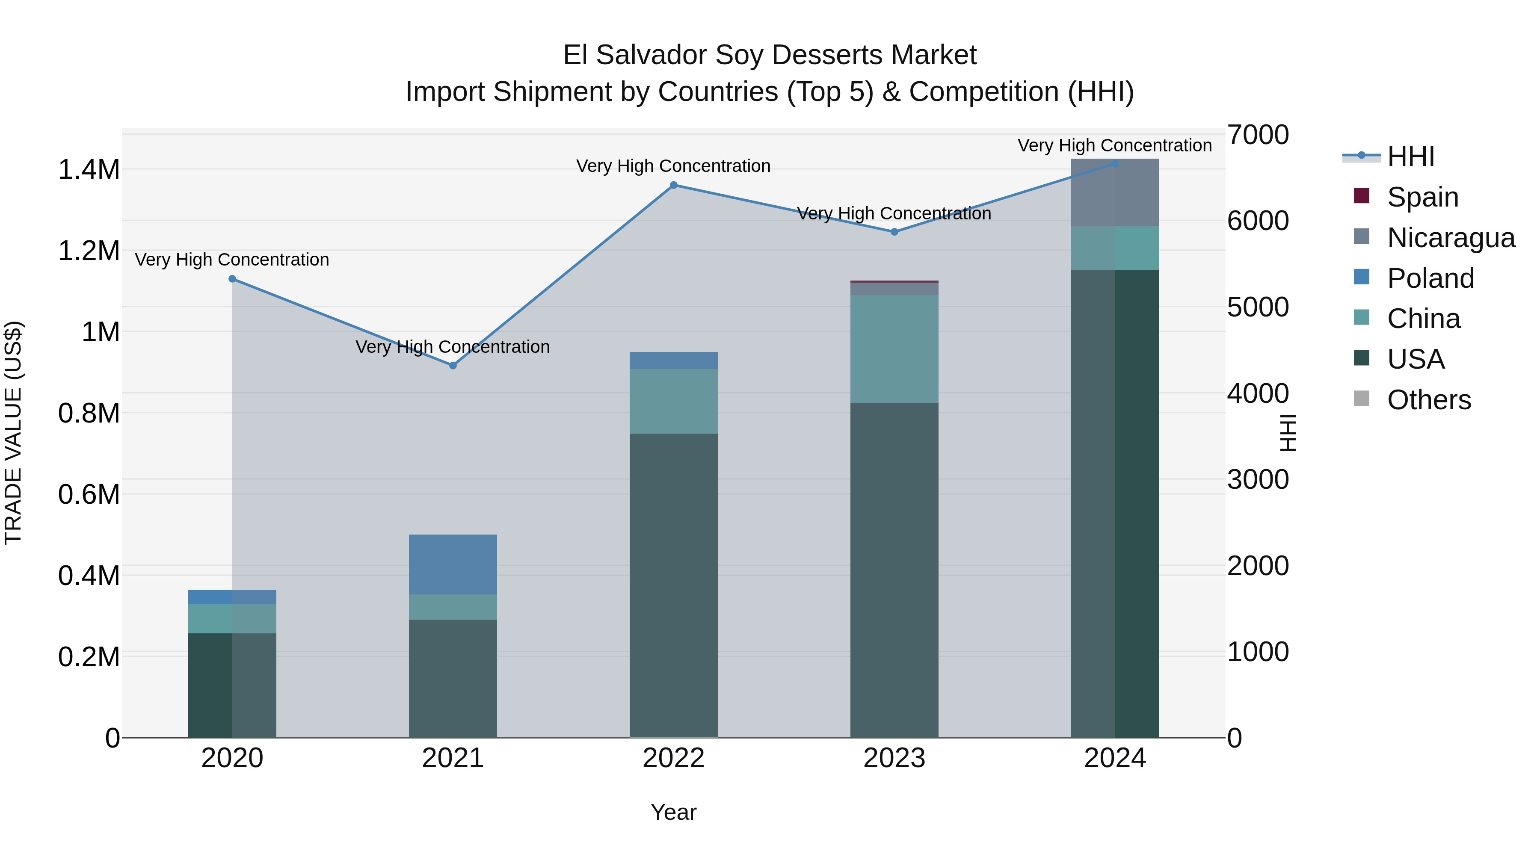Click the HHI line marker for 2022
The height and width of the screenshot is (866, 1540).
673,185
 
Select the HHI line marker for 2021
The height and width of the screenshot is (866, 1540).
453,365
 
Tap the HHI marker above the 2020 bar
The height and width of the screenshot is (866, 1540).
233,279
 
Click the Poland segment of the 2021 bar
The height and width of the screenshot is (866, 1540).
453,564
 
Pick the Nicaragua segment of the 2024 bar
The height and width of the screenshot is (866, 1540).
1114,192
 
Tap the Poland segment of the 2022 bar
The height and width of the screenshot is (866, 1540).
673,361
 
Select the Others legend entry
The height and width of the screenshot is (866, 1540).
1428,400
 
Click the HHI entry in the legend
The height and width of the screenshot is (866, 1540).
1410,157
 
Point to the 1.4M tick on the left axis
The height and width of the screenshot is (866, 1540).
89,170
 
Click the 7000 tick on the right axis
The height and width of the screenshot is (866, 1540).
1258,135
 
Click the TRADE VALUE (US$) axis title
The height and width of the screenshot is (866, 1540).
13,433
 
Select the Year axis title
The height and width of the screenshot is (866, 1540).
673,812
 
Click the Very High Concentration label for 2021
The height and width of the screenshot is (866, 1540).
453,347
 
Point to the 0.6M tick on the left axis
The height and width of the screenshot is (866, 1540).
89,495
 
